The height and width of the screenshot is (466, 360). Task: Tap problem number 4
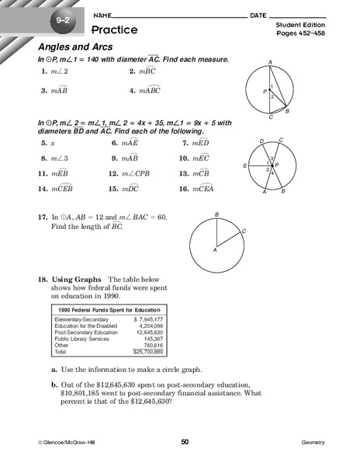tap(133, 90)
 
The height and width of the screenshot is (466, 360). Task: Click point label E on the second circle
tap(244, 166)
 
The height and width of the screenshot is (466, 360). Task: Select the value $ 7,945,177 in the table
tap(147, 319)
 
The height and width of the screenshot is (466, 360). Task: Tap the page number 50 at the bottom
tap(185, 442)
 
